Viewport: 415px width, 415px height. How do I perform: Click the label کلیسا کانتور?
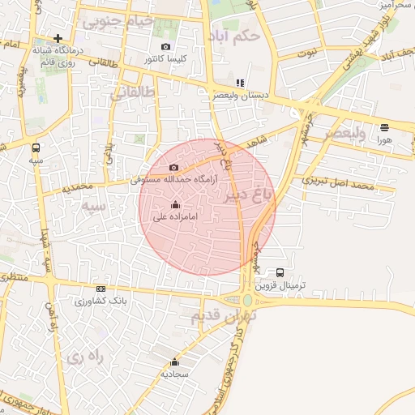pyautogui.click(x=166, y=59)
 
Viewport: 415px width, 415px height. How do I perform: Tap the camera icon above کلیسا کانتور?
pyautogui.click(x=166, y=47)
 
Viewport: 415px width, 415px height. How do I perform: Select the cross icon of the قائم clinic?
pyautogui.click(x=58, y=38)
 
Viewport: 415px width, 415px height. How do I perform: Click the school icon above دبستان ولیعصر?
pyautogui.click(x=239, y=83)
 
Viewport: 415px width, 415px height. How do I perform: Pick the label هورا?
pyautogui.click(x=383, y=139)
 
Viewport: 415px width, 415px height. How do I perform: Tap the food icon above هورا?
pyautogui.click(x=383, y=127)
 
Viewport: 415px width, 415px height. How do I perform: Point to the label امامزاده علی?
pyautogui.click(x=171, y=216)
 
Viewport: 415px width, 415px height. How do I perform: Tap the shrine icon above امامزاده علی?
pyautogui.click(x=176, y=204)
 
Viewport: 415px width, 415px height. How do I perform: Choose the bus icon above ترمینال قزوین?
pyautogui.click(x=280, y=272)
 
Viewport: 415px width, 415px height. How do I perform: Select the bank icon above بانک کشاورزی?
pyautogui.click(x=101, y=289)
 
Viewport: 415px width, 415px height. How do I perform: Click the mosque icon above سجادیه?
pyautogui.click(x=174, y=362)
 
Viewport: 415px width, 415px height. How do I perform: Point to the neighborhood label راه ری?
pyautogui.click(x=88, y=356)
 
